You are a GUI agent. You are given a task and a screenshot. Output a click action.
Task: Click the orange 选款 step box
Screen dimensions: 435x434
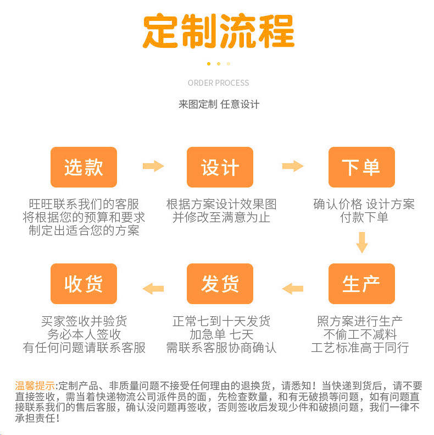pyautogui.click(x=84, y=167)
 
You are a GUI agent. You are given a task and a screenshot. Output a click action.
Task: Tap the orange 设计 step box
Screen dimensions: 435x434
pyautogui.click(x=220, y=167)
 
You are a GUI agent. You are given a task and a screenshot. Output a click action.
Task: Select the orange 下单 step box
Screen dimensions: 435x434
pyautogui.click(x=361, y=167)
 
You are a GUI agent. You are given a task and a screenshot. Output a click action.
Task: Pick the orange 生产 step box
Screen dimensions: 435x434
pyautogui.click(x=361, y=284)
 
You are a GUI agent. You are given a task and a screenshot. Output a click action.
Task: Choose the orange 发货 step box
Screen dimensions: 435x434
pyautogui.click(x=220, y=284)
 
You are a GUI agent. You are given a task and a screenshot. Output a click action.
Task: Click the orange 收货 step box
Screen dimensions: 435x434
pyautogui.click(x=84, y=284)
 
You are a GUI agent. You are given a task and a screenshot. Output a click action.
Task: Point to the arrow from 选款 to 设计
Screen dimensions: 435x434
pyautogui.click(x=153, y=166)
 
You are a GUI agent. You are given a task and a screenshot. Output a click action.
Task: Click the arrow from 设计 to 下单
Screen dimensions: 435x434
pyautogui.click(x=292, y=166)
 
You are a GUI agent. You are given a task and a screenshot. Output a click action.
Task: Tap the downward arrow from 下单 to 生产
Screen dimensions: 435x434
pyautogui.click(x=361, y=242)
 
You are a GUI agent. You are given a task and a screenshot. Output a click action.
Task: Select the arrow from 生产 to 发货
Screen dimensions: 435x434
pyautogui.click(x=293, y=288)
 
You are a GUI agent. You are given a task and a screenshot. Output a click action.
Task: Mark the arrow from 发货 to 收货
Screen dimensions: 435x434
pyautogui.click(x=153, y=288)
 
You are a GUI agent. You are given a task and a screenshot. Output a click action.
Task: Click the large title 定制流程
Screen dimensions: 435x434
pyautogui.click(x=218, y=31)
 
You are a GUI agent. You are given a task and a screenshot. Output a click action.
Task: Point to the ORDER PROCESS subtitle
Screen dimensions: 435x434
pyautogui.click(x=218, y=83)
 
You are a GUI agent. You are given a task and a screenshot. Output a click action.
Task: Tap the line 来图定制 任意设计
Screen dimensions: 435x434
pyautogui.click(x=218, y=104)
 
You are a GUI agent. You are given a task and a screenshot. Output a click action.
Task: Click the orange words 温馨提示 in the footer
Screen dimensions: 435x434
pyautogui.click(x=35, y=385)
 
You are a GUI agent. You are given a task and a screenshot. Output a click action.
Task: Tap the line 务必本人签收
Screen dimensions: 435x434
pyautogui.click(x=84, y=334)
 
